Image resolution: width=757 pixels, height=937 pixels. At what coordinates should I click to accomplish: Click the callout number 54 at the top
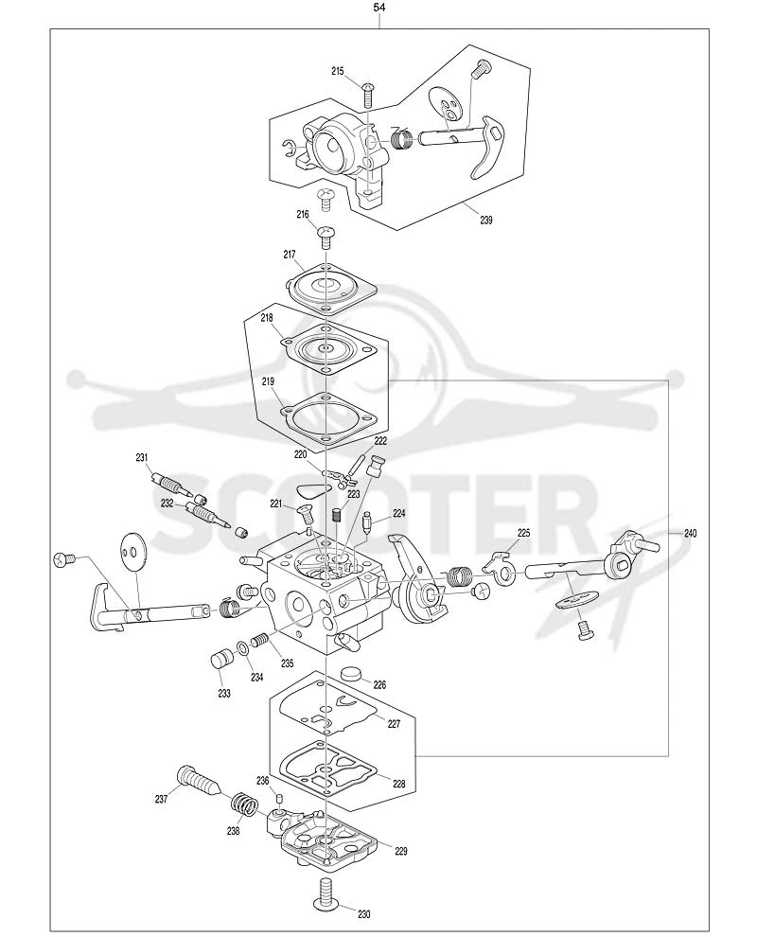378,8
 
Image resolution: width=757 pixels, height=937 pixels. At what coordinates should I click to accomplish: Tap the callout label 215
338,71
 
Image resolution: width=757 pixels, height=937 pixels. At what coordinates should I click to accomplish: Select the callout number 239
486,220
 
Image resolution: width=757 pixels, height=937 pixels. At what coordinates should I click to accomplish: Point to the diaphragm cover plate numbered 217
332,288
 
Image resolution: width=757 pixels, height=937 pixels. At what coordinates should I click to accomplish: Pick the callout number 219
269,380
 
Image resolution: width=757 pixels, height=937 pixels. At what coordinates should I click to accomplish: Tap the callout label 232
167,504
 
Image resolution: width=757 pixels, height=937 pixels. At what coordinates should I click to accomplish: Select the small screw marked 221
306,515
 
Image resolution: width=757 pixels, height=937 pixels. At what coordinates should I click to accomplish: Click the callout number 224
398,513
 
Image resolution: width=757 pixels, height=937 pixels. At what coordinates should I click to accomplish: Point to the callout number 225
524,533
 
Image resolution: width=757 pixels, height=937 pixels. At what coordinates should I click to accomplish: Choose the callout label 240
690,533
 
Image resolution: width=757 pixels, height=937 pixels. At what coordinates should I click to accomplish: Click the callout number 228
398,784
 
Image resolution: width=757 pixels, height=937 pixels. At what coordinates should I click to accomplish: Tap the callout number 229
401,851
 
